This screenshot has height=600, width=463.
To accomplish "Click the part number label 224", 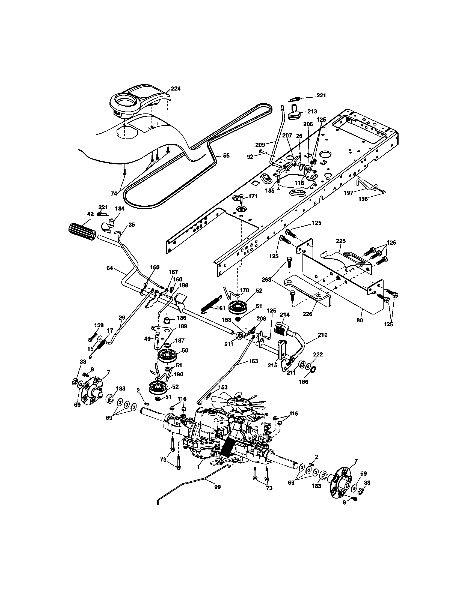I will [x=176, y=89].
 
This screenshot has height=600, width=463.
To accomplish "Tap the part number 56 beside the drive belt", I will [x=226, y=155].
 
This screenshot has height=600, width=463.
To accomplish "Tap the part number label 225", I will [x=341, y=241].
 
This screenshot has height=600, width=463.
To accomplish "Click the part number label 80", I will [x=360, y=320].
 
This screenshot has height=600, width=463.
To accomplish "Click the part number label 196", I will [x=363, y=199].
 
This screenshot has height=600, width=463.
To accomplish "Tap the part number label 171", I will [x=253, y=197].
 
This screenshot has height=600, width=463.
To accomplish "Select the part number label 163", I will [x=253, y=361].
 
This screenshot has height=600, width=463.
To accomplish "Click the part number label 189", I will [x=183, y=326].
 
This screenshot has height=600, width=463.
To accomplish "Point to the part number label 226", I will [x=307, y=314].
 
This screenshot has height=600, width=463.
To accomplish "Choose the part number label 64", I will [x=109, y=268].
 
